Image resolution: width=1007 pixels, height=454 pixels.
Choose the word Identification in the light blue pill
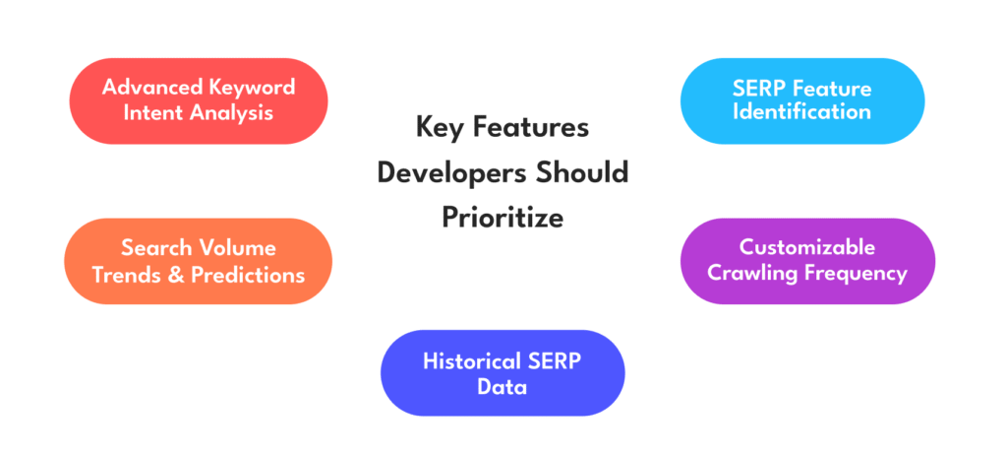coord(802,112)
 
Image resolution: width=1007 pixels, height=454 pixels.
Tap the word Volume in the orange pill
coord(237,247)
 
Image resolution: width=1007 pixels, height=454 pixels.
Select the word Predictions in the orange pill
coord(248,275)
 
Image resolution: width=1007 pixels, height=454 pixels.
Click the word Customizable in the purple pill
coord(807,247)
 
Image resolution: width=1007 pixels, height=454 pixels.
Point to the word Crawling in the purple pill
coord(748,274)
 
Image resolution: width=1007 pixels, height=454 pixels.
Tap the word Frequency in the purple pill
coord(853,275)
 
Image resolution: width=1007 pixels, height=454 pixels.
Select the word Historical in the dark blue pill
coord(465,360)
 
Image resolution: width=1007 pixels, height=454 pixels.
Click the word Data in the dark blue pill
coord(503,388)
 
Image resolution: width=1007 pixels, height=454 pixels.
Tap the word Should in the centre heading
coord(582,172)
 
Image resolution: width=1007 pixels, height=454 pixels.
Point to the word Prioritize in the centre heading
coord(503,218)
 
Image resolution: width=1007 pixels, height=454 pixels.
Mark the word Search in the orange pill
coord(156,247)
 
